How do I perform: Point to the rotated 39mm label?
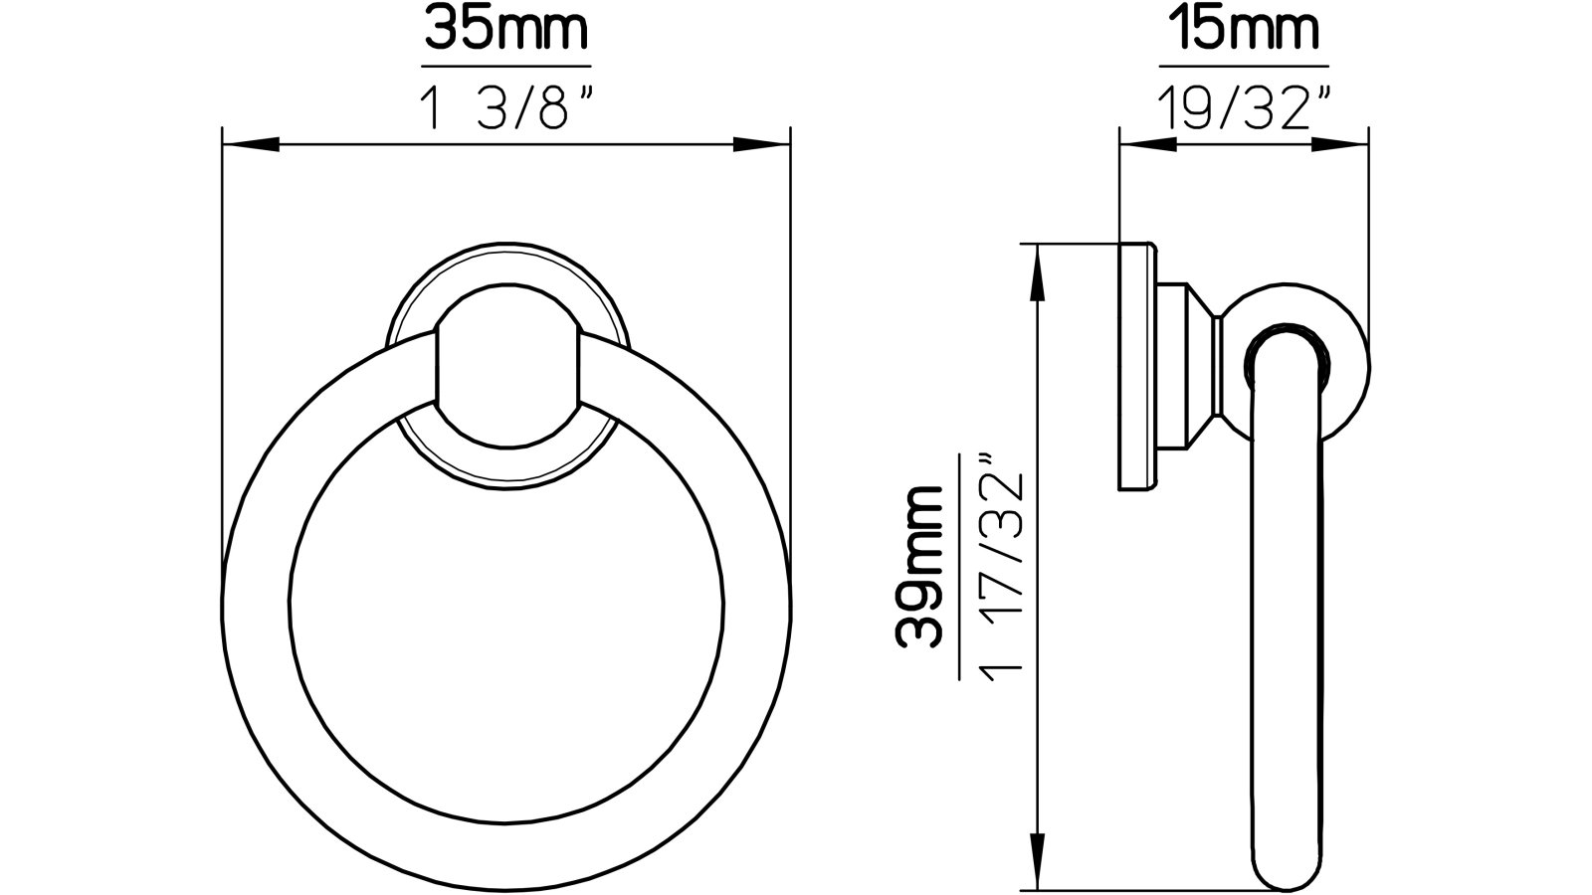click(920, 567)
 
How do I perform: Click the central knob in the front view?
click(506, 367)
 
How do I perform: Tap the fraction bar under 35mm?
click(505, 67)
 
